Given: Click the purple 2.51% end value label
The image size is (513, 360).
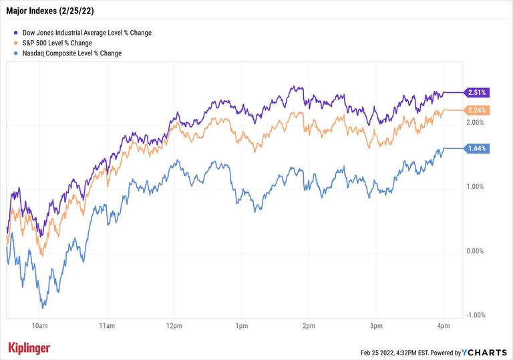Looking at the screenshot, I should click(x=478, y=92).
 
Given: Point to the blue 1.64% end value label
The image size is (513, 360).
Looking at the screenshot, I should click(x=478, y=148).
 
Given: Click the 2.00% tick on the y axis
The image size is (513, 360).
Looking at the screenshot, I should click(x=475, y=123).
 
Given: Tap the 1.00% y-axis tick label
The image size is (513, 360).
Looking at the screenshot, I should click(x=475, y=187).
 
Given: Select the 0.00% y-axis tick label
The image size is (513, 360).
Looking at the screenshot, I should click(x=475, y=251).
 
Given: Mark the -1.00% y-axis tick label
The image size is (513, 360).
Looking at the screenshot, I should click(x=474, y=315).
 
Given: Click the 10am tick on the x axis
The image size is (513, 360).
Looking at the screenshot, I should click(x=39, y=326).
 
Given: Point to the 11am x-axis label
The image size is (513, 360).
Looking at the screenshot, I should click(x=107, y=326).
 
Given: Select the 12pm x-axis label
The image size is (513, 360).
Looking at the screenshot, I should click(x=174, y=326).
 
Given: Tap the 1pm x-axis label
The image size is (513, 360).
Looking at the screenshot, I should click(x=242, y=326).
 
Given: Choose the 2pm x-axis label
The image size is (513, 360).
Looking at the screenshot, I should click(x=309, y=326).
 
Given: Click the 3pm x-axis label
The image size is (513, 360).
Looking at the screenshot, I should click(x=376, y=326).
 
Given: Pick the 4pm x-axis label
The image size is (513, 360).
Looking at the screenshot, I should click(x=443, y=326).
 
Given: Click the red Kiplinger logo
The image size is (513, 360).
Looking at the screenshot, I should click(x=29, y=348).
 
